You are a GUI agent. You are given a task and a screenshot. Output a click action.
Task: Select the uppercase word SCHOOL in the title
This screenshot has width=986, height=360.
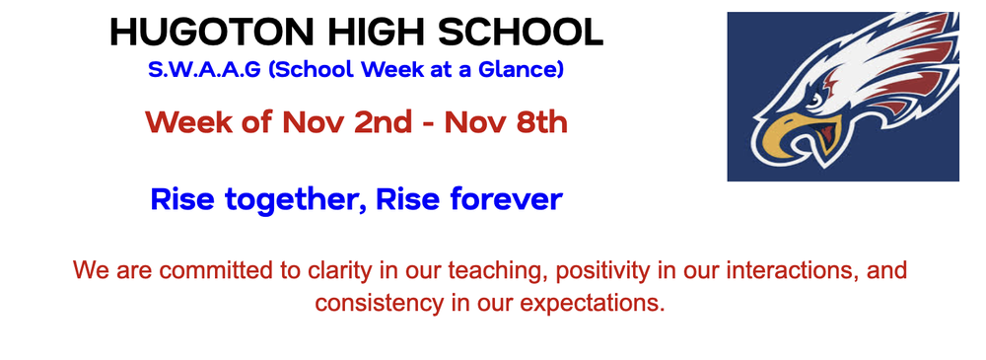[520, 33]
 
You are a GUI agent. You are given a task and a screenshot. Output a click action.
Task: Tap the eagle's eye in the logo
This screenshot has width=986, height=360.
[814, 99]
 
